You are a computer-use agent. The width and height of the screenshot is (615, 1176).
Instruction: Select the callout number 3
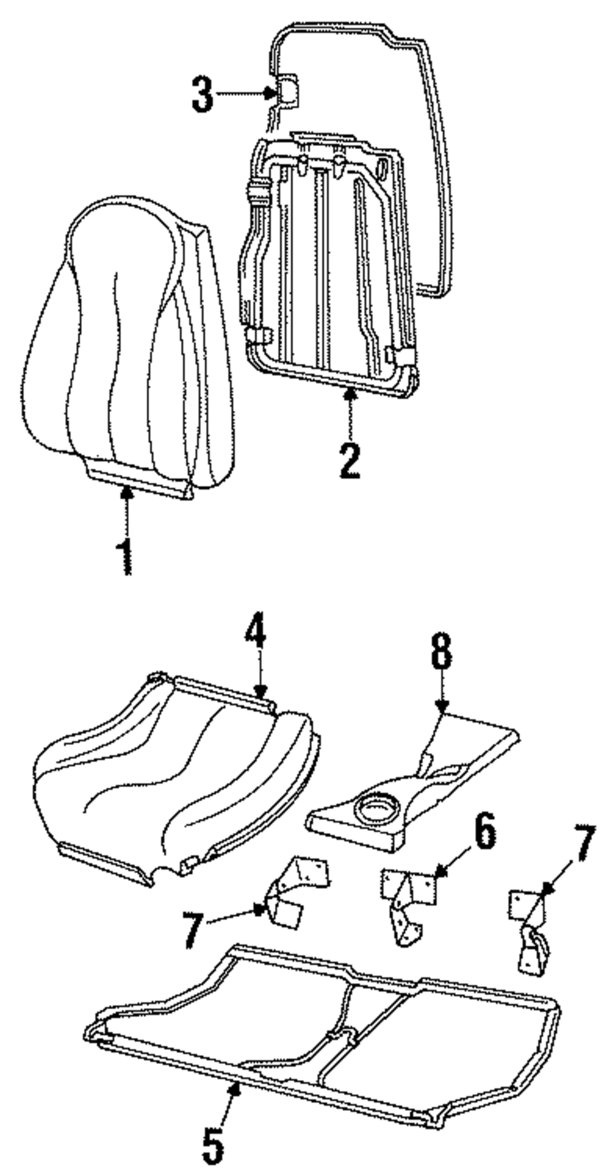pos(202,94)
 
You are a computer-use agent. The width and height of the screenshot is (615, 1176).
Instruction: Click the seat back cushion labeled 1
pos(129,344)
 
